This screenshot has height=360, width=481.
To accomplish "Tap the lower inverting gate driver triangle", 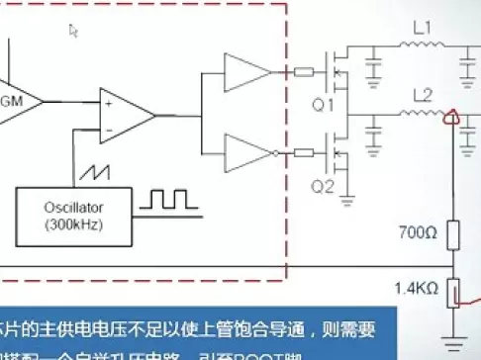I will pyautogui.click(x=243, y=152).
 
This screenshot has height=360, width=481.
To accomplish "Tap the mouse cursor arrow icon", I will pyautogui.click(x=72, y=31).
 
